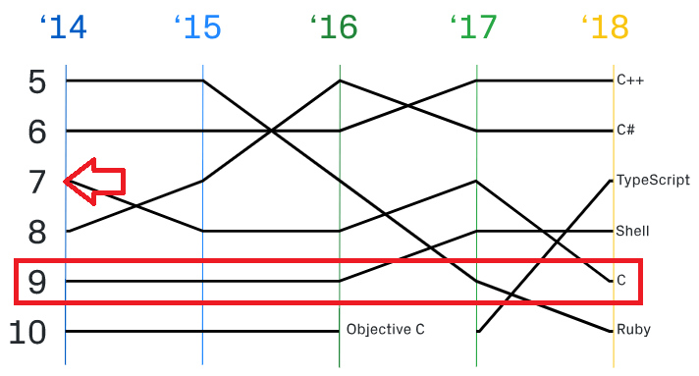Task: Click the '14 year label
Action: point(63,27)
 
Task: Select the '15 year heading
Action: point(197,27)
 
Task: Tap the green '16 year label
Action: point(334,27)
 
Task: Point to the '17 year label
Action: point(473,27)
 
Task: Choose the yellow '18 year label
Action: point(606,27)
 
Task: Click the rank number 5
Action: point(37,82)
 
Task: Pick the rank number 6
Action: point(37,132)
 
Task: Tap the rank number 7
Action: point(37,182)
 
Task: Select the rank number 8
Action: point(37,232)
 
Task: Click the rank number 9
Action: point(37,282)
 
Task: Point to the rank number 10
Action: point(27,332)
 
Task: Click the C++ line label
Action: point(630,81)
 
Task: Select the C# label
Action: point(625,130)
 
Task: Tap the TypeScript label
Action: point(653,181)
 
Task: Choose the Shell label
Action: point(632,231)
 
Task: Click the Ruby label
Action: point(633,330)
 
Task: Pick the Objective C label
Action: point(386,330)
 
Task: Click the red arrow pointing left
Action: point(94,182)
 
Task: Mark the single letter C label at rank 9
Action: point(621,281)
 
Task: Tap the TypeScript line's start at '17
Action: point(477,332)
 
